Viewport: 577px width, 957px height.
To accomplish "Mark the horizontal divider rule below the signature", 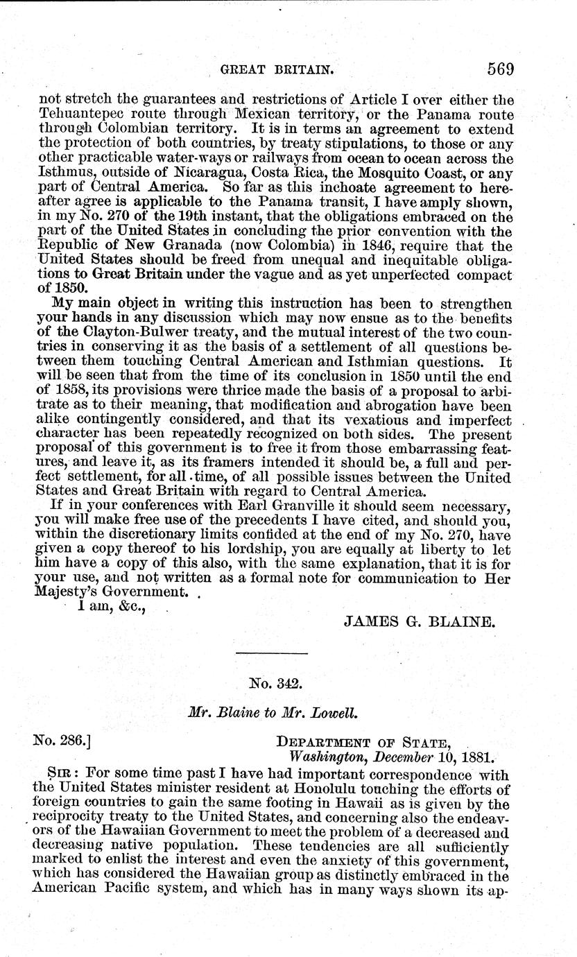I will tap(270, 653).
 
